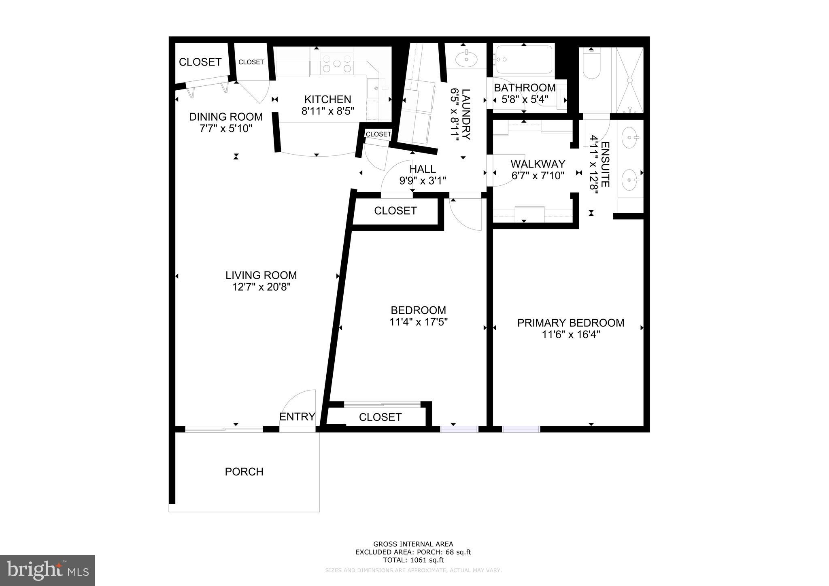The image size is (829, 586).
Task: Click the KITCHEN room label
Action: click(327, 100)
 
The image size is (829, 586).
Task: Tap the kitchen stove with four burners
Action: click(336, 64)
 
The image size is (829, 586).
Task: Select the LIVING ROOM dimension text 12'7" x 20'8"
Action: click(261, 287)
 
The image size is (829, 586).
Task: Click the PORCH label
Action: click(244, 472)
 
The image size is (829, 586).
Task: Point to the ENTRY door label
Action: click(297, 417)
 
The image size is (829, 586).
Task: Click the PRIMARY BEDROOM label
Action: click(570, 323)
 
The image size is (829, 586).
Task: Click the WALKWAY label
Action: click(538, 164)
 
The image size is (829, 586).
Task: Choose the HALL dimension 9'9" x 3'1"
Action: click(423, 181)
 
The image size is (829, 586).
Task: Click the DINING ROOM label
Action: click(226, 117)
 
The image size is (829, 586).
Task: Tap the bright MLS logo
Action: click(47, 571)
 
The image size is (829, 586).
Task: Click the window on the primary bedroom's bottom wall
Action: click(521, 429)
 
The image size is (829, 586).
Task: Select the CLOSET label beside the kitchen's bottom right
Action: click(378, 134)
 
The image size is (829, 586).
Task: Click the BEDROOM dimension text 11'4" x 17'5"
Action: click(418, 323)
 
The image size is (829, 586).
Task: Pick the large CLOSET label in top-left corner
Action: click(200, 62)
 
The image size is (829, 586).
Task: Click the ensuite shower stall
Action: click(629, 80)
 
